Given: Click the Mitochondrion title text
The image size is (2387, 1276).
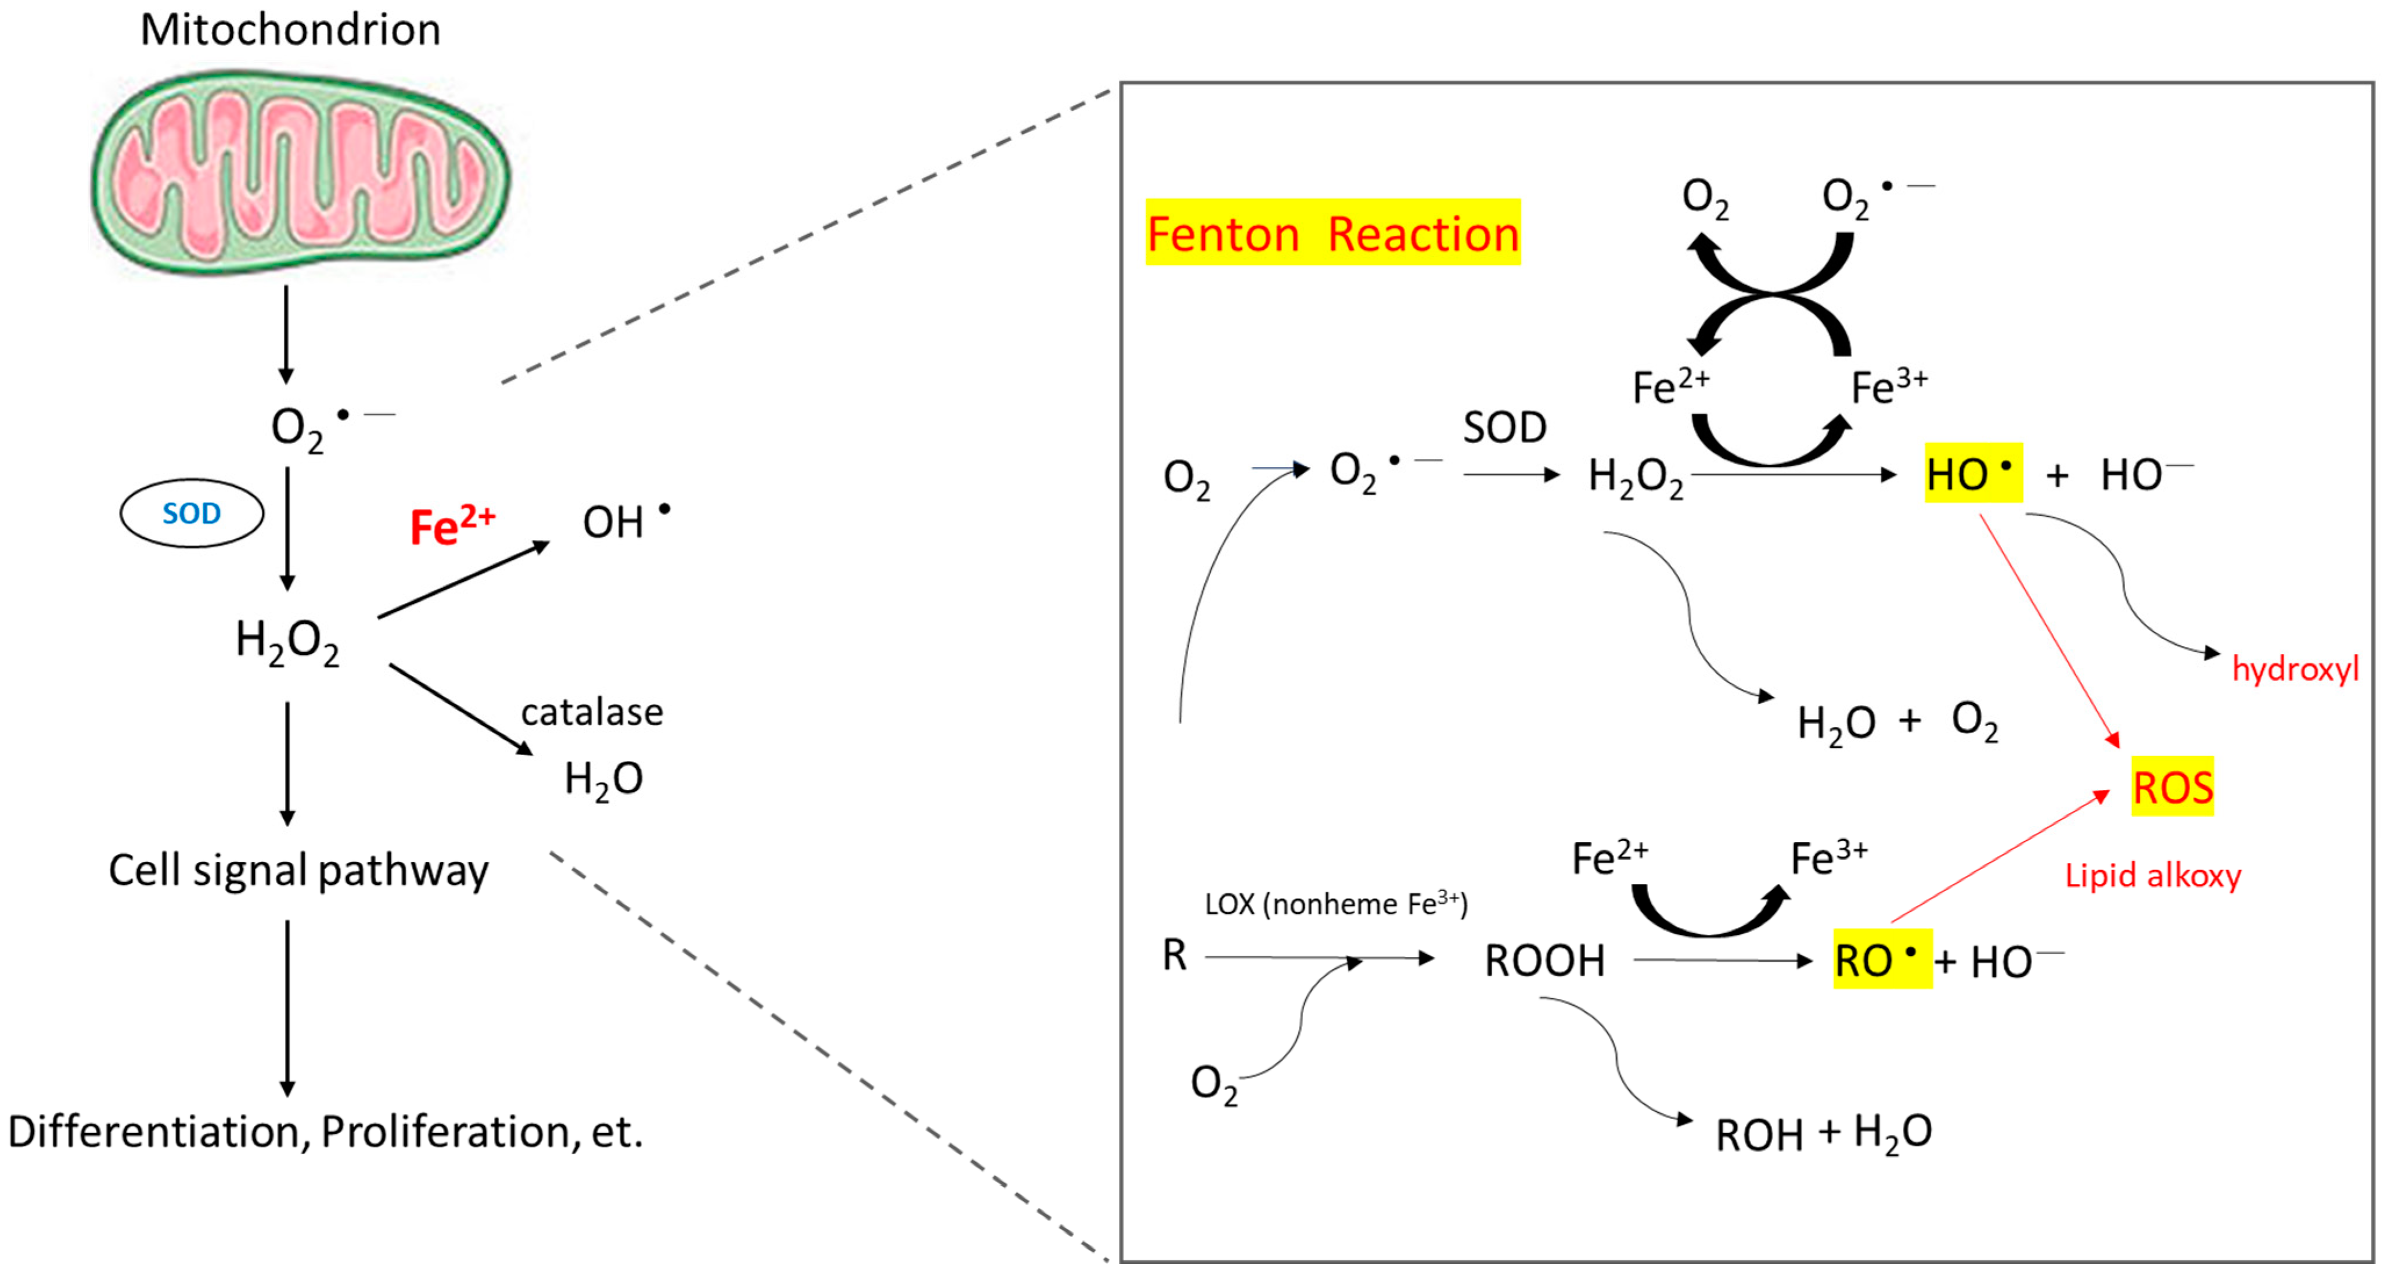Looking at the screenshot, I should coord(290,30).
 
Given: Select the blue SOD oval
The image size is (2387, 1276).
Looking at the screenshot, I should coord(192,513).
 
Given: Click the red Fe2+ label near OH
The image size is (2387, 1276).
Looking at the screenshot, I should coord(452,526).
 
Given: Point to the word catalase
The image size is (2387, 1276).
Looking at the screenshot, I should coord(592,711).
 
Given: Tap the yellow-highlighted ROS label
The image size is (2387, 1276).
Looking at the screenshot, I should coord(2172,787).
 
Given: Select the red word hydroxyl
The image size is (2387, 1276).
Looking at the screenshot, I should coord(2294,668).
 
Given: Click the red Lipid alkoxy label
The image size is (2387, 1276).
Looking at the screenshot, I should coord(2152,875).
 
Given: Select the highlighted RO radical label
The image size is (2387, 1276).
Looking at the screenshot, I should coord(1881,960).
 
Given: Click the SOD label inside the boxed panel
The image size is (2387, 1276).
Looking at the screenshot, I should coord(1505,427).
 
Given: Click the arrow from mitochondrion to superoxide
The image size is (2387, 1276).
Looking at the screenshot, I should coord(286,333).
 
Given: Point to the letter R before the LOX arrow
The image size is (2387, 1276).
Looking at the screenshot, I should coord(1174,954).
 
